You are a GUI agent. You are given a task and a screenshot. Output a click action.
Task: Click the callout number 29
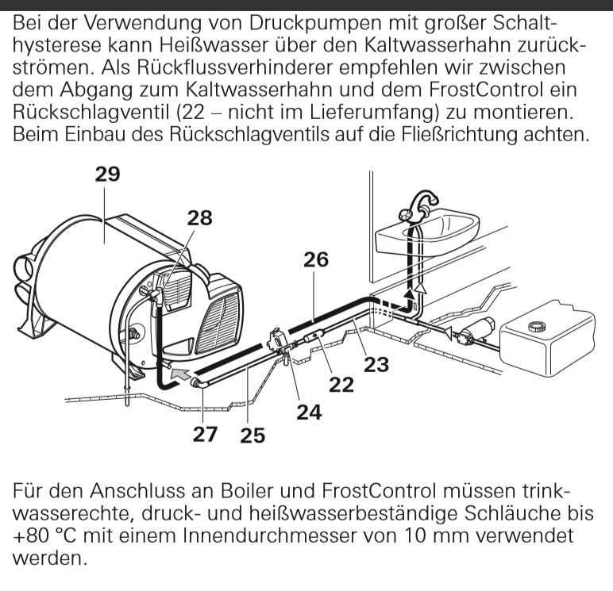tap(107, 175)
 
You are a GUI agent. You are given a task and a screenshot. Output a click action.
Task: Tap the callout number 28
tap(199, 218)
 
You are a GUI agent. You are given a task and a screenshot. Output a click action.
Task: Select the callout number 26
tap(316, 259)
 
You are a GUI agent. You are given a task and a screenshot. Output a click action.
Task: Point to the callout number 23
tap(376, 365)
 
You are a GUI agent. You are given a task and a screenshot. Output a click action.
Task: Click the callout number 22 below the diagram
tap(341, 385)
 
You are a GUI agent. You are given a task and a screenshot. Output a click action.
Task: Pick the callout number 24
tap(309, 412)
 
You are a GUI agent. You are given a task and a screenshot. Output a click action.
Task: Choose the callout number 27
tap(205, 434)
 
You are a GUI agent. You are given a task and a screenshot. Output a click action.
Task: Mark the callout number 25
tap(253, 436)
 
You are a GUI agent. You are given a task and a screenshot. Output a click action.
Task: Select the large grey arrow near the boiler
tap(180, 374)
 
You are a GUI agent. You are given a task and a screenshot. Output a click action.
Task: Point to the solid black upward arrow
tap(409, 293)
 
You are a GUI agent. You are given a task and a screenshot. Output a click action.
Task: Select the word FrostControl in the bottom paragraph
tap(379, 490)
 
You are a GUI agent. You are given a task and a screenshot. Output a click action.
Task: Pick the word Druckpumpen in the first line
tap(315, 24)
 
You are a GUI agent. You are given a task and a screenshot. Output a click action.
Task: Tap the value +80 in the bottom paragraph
tap(31, 535)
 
